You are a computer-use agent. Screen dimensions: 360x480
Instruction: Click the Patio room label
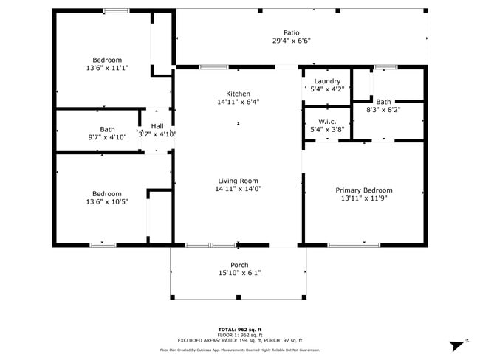click(x=292, y=32)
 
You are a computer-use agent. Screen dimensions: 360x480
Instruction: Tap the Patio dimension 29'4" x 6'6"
click(x=292, y=42)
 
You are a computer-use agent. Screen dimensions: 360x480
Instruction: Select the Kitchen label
click(x=238, y=94)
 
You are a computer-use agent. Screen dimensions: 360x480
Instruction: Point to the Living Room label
click(x=238, y=181)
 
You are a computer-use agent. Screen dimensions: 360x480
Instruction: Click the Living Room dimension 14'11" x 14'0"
click(x=238, y=189)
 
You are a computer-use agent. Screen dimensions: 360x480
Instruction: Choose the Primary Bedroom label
click(x=364, y=190)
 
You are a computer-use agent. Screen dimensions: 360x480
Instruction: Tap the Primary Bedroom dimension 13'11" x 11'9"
click(x=364, y=198)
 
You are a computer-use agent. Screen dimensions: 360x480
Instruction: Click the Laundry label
click(x=327, y=81)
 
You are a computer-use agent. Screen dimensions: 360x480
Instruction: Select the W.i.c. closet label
click(x=327, y=121)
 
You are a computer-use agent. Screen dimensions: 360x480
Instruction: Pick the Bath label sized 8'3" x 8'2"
click(x=383, y=102)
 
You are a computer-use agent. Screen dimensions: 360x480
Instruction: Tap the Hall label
click(x=157, y=126)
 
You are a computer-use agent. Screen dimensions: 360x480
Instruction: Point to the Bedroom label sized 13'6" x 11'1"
click(x=107, y=60)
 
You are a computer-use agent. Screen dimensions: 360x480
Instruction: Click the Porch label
click(x=239, y=265)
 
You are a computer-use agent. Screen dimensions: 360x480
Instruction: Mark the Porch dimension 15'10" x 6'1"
click(x=239, y=273)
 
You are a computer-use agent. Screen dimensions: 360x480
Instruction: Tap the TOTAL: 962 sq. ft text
click(x=239, y=329)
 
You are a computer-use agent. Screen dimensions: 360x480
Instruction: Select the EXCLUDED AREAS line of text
click(x=239, y=340)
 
